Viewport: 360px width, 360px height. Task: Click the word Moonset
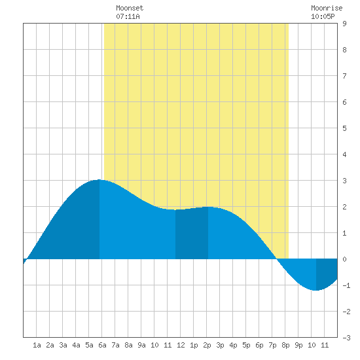130,8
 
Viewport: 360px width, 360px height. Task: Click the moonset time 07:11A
128,16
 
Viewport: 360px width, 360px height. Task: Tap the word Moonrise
327,8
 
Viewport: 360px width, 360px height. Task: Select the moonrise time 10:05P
323,16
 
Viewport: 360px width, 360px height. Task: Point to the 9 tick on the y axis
344,24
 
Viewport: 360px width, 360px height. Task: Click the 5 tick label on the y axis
344,128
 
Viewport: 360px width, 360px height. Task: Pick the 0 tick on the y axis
344,259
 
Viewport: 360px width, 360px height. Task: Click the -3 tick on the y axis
346,338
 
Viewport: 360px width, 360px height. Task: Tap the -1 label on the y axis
346,285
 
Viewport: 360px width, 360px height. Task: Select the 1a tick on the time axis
37,345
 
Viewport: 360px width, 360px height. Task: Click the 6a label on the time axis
102,345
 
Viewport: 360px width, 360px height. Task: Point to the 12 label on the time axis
181,345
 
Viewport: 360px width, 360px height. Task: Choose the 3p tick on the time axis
220,345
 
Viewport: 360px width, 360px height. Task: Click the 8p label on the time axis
285,345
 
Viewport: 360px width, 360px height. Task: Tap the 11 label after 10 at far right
325,345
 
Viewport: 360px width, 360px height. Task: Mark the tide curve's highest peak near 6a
99,180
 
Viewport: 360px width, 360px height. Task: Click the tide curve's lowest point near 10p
316,290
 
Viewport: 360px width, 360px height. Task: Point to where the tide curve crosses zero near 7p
277,259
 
